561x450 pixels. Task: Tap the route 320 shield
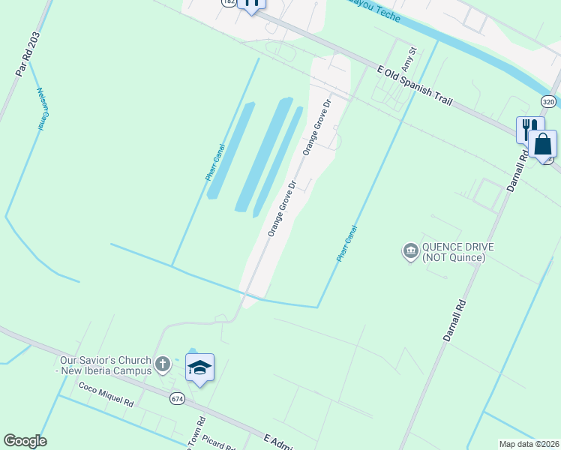548,101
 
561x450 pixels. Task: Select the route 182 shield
228,3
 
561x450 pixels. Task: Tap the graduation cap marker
199,367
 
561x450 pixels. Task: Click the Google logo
25,441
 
